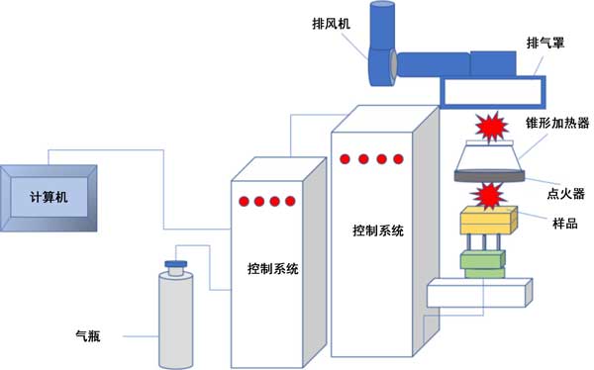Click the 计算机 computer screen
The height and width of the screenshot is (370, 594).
[x=49, y=198]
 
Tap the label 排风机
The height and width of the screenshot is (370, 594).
[x=331, y=24]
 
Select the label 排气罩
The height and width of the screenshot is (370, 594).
[x=545, y=43]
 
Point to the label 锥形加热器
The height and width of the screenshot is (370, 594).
[x=557, y=123]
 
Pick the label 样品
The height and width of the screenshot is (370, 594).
[x=565, y=224]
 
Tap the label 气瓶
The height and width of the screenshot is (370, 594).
[x=88, y=336]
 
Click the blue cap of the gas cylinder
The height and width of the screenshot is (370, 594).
[x=176, y=264]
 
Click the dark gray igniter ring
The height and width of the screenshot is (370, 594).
[x=489, y=175]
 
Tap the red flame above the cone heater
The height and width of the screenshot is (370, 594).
[x=491, y=127]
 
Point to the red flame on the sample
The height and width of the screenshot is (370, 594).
[x=488, y=196]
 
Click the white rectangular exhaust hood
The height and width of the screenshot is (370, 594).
[x=492, y=92]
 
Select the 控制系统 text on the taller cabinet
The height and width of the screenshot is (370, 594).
[x=378, y=231]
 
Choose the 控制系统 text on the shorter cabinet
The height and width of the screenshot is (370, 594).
[x=273, y=269]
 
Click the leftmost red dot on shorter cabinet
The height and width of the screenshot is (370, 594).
[x=244, y=201]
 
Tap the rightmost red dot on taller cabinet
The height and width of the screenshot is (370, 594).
[x=398, y=159]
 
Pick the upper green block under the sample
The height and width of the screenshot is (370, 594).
[x=483, y=260]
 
